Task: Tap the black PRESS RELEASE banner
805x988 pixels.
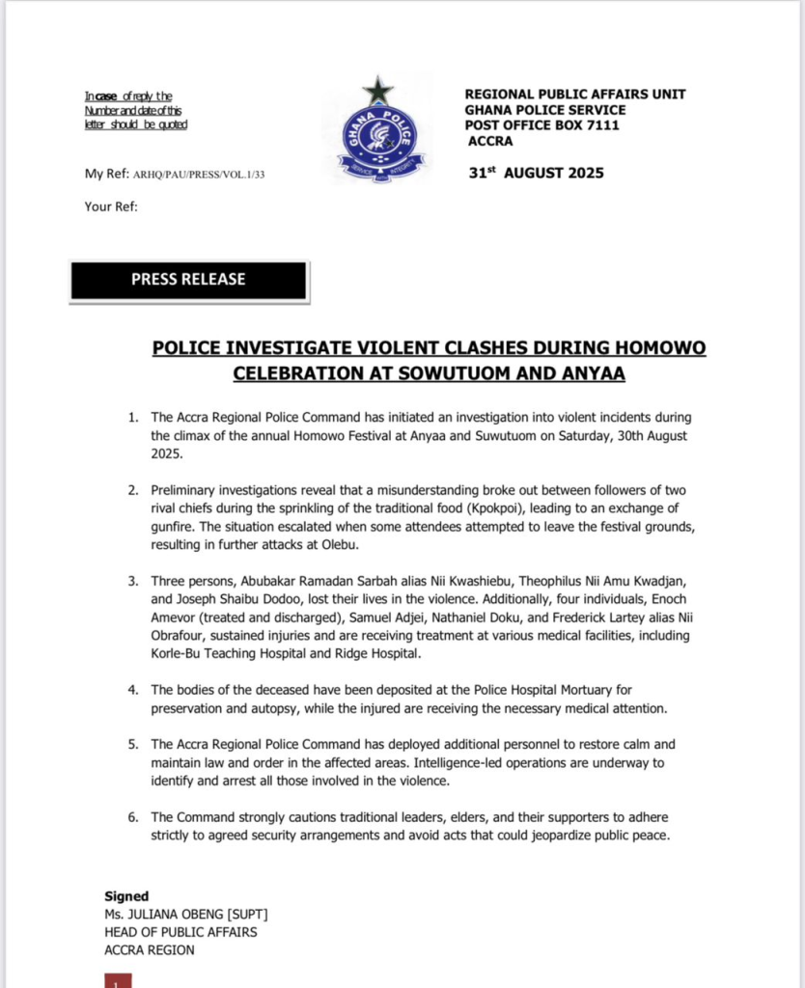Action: pos(188,280)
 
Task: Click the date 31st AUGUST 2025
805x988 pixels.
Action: pos(535,173)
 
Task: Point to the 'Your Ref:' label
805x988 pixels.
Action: pos(111,206)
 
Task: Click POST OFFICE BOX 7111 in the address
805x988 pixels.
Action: pos(541,125)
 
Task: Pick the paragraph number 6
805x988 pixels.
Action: pos(134,816)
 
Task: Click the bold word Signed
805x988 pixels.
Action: pos(126,896)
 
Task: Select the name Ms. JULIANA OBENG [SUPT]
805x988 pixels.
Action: pos(186,915)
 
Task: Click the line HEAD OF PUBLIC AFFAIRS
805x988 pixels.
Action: pos(180,932)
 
